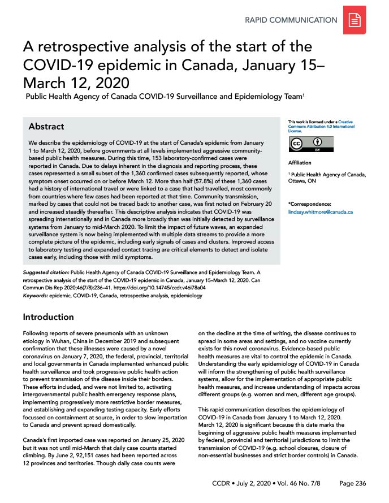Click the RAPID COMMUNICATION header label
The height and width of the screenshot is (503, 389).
(x=291, y=20)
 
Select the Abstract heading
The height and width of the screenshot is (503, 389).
(x=46, y=126)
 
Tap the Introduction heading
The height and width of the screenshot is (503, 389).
(x=48, y=316)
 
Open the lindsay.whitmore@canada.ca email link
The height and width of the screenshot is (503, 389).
(x=321, y=211)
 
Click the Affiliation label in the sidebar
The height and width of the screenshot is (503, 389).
(x=300, y=163)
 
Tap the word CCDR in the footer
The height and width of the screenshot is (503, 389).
(x=223, y=484)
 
